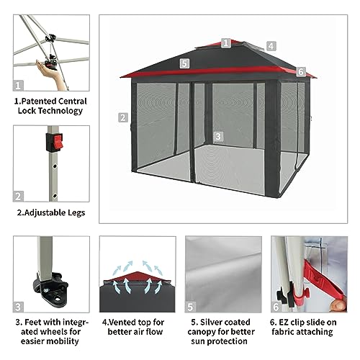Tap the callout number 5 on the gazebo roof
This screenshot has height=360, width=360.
[x=184, y=63]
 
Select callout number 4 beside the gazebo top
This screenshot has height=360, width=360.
[x=271, y=46]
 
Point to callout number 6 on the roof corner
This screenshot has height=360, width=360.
[x=301, y=71]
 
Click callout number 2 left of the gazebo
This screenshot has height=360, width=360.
[x=123, y=117]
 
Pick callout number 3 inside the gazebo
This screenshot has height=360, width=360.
[x=218, y=137]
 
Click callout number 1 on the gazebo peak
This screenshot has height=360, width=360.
[x=226, y=43]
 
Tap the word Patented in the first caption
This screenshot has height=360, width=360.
[x=35, y=102]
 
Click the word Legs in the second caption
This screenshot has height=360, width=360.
[x=76, y=213]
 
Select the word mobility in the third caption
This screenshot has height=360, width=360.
[x=63, y=341]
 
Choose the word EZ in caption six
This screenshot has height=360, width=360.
[x=284, y=322]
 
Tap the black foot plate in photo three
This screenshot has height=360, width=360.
[x=51, y=289]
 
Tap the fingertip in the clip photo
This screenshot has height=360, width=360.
[x=338, y=305]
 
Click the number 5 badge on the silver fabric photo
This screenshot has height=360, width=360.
[x=190, y=307]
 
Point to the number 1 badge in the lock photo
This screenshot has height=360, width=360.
[x=18, y=86]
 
